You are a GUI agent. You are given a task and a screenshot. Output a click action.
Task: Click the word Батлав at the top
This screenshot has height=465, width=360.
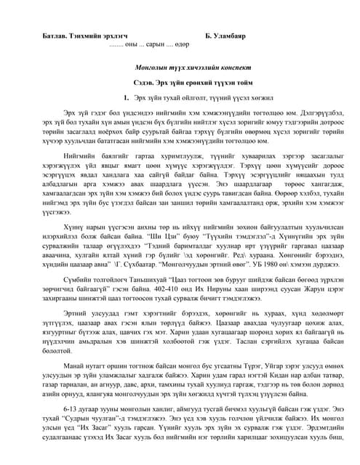(x=50, y=35)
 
